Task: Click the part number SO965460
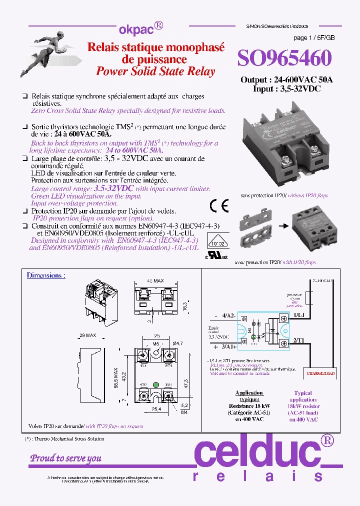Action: [284, 58]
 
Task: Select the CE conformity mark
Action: [219, 205]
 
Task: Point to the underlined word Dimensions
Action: [46, 275]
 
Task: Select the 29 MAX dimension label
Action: [87, 335]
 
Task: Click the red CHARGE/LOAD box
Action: [321, 372]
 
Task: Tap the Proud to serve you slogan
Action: [66, 458]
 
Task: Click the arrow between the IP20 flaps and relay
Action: [282, 225]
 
